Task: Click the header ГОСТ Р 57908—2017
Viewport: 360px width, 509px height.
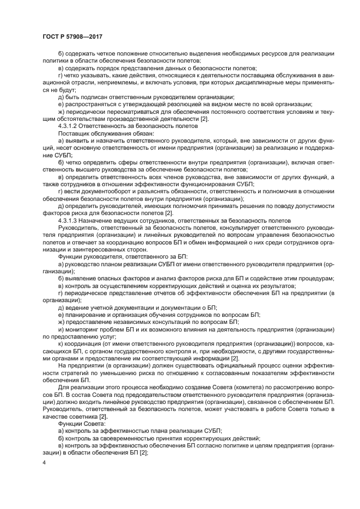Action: [72, 36]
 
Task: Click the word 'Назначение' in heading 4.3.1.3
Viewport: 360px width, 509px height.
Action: [99, 220]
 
